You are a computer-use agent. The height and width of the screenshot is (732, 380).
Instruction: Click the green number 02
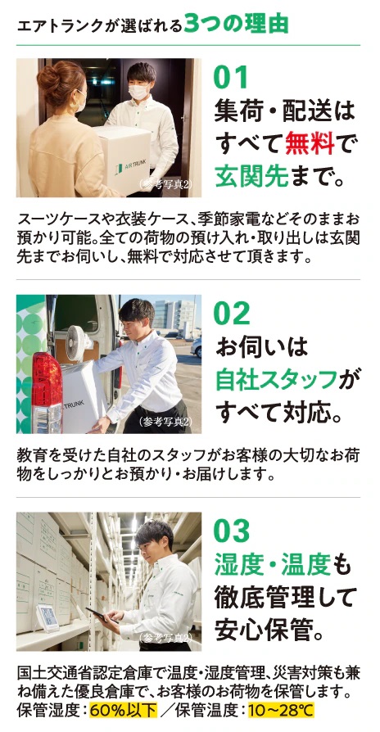232,314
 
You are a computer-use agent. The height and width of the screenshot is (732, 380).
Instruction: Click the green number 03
232,531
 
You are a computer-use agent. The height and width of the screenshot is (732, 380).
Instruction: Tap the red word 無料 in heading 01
310,142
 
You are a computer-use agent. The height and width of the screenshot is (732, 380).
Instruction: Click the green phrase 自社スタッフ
276,380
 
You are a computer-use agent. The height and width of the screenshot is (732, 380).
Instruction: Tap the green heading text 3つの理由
236,25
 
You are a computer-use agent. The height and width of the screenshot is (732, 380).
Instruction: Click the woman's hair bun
52,76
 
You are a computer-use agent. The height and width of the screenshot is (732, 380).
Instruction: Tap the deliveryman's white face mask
138,92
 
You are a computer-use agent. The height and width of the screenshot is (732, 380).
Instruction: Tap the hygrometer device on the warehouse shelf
47,618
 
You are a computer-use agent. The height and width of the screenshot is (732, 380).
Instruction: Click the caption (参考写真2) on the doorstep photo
165,184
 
